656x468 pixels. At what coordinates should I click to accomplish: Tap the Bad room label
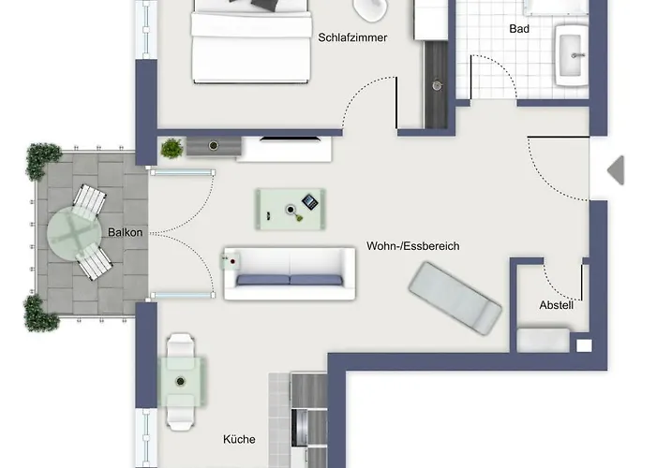point(519,29)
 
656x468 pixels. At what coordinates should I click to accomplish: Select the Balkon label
point(126,232)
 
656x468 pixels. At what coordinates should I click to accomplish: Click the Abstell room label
point(556,305)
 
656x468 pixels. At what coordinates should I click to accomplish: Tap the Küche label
point(239,439)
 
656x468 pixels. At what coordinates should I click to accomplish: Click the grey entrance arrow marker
point(616,170)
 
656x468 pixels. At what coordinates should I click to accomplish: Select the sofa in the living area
point(290,273)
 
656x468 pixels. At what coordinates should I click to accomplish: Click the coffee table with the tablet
point(291,208)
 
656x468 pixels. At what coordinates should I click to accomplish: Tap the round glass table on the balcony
point(75,233)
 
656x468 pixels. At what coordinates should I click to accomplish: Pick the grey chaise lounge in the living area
point(455,297)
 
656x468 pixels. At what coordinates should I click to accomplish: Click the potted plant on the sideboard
point(171,148)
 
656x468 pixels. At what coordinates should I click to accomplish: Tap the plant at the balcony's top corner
point(44,160)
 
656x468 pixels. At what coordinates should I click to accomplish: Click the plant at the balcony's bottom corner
point(41,314)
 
